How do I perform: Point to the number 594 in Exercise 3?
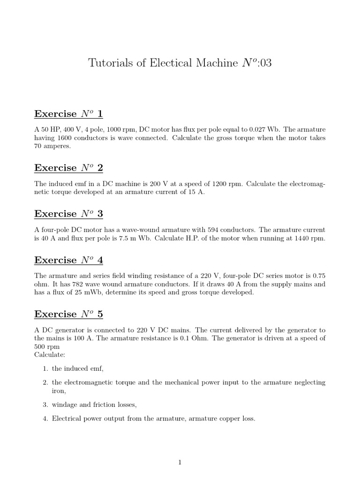click(x=210, y=230)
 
